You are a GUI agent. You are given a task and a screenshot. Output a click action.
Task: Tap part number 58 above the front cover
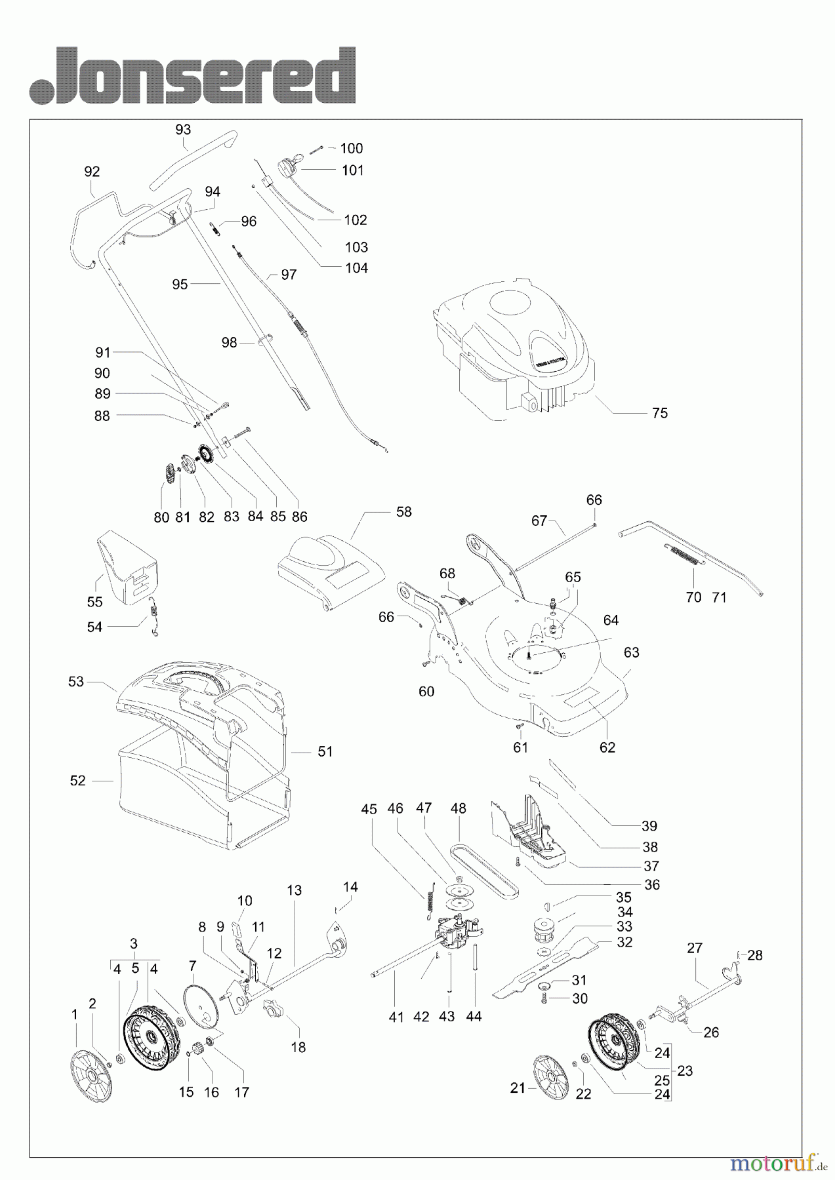tap(403, 511)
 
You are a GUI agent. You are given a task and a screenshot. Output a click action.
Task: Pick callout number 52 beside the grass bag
tap(77, 781)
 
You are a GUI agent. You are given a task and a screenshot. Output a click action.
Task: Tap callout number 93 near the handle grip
tap(183, 130)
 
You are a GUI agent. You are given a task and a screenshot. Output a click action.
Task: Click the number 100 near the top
tap(351, 148)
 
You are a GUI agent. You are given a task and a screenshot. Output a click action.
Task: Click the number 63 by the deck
tap(631, 652)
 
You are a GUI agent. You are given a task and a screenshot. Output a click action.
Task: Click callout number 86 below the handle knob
tap(299, 517)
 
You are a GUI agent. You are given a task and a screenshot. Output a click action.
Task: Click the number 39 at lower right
tap(649, 826)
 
